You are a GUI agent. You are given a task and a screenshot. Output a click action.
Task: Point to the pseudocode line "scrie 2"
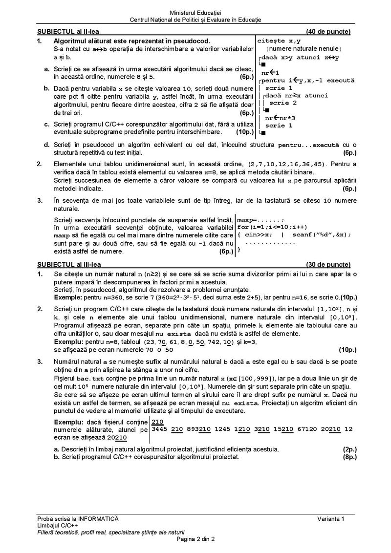point(283,103)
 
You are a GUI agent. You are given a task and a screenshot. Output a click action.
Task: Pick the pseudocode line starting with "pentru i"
point(307,80)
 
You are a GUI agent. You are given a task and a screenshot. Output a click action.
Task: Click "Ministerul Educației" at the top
point(195,11)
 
